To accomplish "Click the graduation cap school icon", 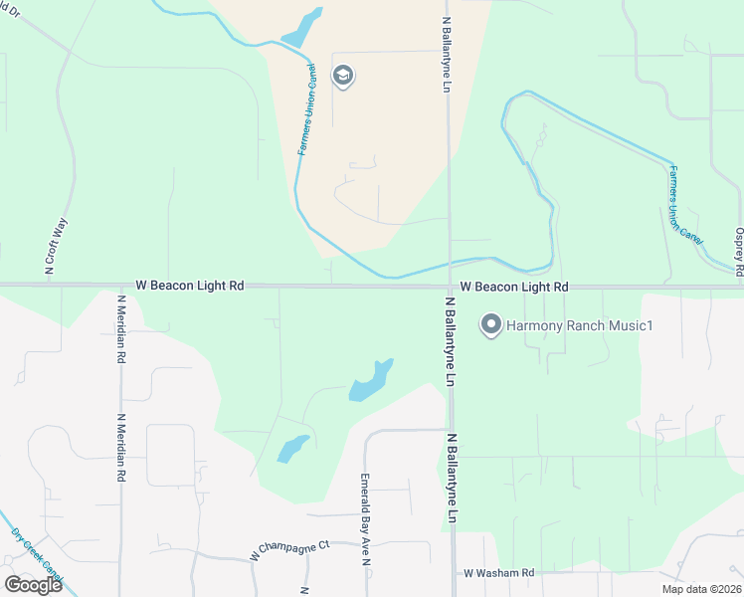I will (343, 76).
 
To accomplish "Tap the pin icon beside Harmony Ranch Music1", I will (490, 324).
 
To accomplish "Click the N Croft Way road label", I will (55, 246).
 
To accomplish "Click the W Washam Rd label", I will (498, 573).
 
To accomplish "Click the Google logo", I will (33, 585).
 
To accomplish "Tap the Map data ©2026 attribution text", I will (700, 589).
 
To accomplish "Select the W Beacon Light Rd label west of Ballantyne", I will (189, 286).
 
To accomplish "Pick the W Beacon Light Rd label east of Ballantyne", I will (513, 287).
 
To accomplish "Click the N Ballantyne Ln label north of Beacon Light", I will (446, 54).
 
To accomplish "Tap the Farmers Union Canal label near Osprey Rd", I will (686, 205).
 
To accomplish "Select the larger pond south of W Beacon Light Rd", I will (370, 381).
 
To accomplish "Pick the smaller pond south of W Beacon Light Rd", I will (292, 449).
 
